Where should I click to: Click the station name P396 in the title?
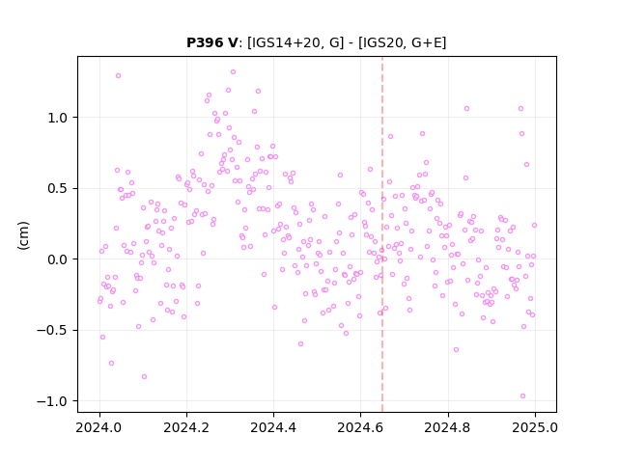click(x=206, y=42)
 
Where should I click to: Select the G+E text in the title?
click(x=427, y=42)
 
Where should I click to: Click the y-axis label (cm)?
click(x=23, y=235)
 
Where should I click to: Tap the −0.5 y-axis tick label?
click(x=54, y=330)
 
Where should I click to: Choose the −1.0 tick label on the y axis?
click(x=54, y=401)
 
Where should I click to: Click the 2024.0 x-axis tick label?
click(x=99, y=427)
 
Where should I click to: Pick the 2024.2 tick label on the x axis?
click(x=186, y=427)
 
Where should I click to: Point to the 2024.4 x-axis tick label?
click(x=273, y=427)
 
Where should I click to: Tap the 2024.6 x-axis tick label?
click(x=360, y=427)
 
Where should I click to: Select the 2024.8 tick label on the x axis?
click(x=448, y=427)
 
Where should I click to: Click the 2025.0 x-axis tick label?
click(x=535, y=427)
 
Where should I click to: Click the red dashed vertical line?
click(x=382, y=234)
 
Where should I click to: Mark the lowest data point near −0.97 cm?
click(x=522, y=396)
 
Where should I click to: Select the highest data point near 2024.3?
click(x=233, y=72)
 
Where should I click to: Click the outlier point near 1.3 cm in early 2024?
click(x=118, y=75)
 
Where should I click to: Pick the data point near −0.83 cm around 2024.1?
click(x=144, y=377)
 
